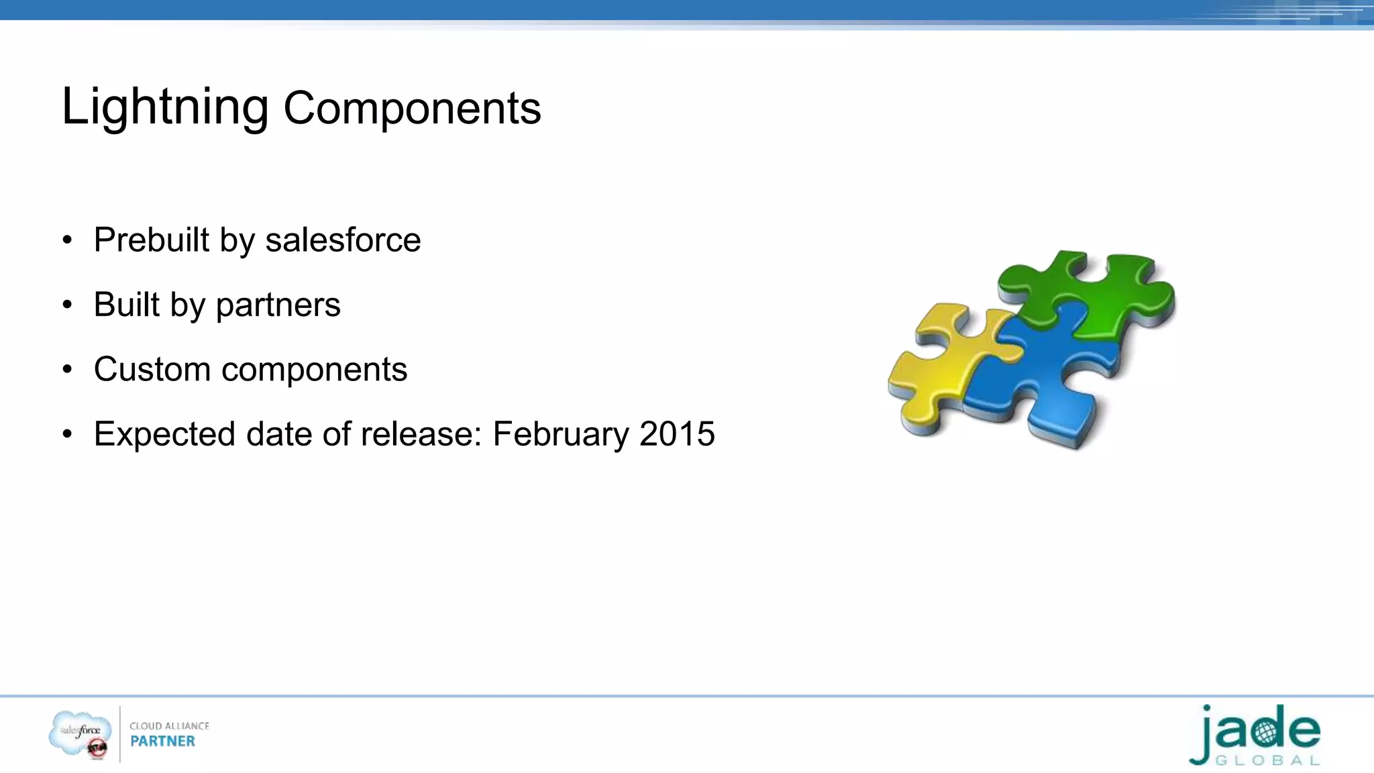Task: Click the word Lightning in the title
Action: [164, 107]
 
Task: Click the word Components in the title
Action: [412, 109]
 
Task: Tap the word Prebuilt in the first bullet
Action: [152, 240]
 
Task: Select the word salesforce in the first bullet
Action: [343, 240]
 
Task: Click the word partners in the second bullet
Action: [278, 305]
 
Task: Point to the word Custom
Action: [152, 370]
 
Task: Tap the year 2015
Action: [677, 434]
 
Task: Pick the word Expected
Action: [164, 435]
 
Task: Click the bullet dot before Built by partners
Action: [66, 305]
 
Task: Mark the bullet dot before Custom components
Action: [66, 370]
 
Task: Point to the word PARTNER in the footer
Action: [162, 741]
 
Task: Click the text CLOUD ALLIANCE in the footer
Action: [169, 726]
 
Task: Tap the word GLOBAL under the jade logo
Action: [1268, 761]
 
